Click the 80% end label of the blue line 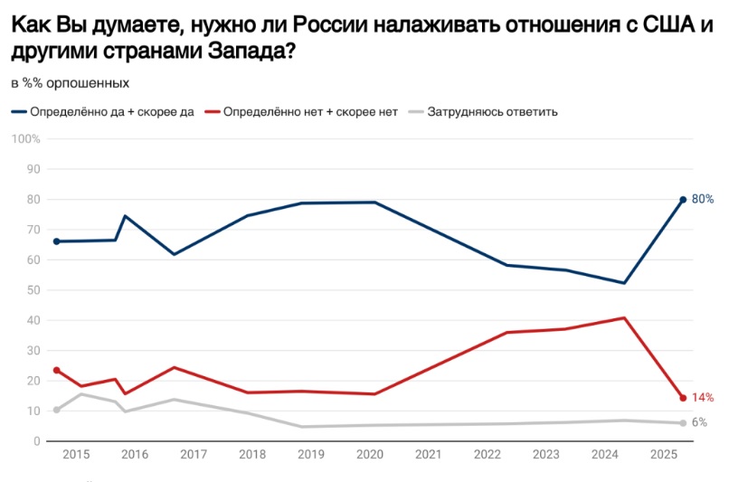click(x=703, y=199)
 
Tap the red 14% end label click(x=703, y=397)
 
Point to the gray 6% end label click(x=699, y=422)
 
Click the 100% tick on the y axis click(x=26, y=138)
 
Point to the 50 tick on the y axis click(x=34, y=289)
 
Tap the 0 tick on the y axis click(x=37, y=441)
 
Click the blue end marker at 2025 click(x=683, y=199)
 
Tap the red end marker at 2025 click(x=683, y=398)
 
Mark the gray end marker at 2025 click(x=683, y=423)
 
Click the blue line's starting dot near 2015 click(x=56, y=241)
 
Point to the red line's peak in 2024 click(x=624, y=318)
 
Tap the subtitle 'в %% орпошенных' click(x=71, y=83)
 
